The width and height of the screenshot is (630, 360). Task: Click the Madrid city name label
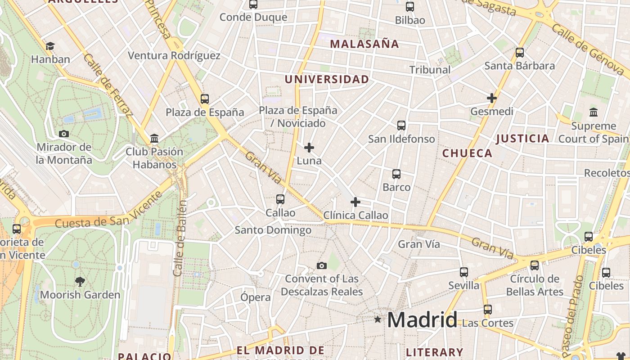pos(422,320)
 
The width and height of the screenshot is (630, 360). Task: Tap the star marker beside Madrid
pos(378,319)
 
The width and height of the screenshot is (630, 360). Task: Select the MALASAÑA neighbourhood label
pos(364,44)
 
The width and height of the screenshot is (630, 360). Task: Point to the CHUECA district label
pos(467,153)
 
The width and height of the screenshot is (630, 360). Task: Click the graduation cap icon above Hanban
pos(50,46)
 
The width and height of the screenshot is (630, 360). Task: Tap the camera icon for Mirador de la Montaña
pos(64,134)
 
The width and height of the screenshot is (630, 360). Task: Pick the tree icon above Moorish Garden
pos(80,282)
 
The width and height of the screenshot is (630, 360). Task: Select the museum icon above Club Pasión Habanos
pos(154,138)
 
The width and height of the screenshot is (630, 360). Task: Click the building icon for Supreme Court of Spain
pos(593,112)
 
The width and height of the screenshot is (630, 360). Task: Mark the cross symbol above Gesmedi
pos(491,98)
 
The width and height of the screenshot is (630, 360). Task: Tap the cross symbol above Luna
pos(309,147)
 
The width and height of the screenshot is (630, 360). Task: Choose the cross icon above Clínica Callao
pos(355,202)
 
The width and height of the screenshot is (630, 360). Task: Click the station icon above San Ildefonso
pos(401,126)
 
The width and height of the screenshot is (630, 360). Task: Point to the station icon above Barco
pos(396,174)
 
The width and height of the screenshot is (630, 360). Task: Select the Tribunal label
pos(430,69)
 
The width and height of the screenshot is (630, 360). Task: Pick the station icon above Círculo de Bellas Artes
pos(535,265)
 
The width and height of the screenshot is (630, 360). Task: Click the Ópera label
pos(256,297)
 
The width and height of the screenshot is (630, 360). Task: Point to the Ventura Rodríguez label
pos(174,55)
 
